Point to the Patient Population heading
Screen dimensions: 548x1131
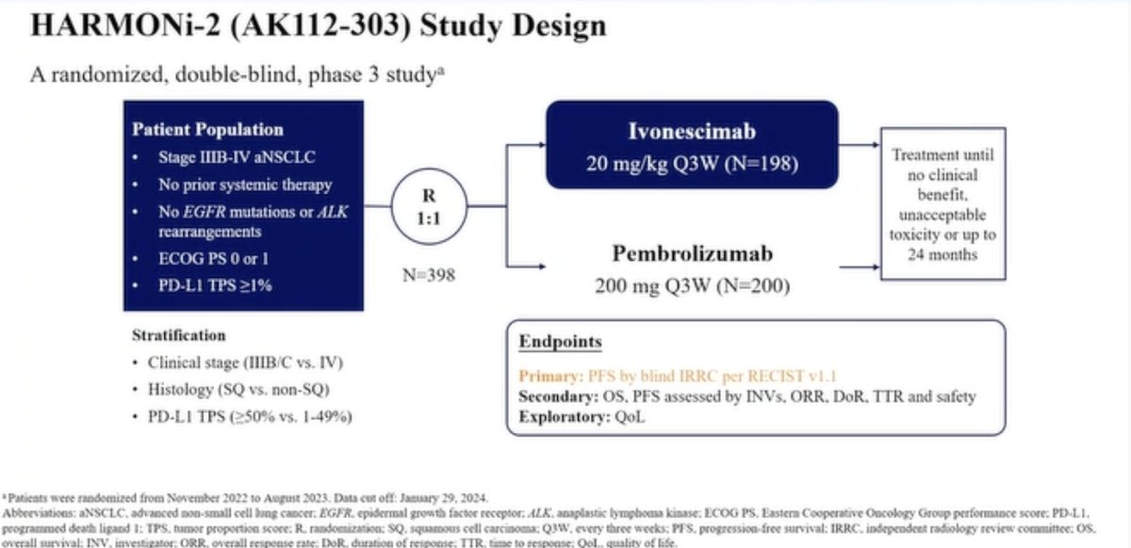pos(207,130)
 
